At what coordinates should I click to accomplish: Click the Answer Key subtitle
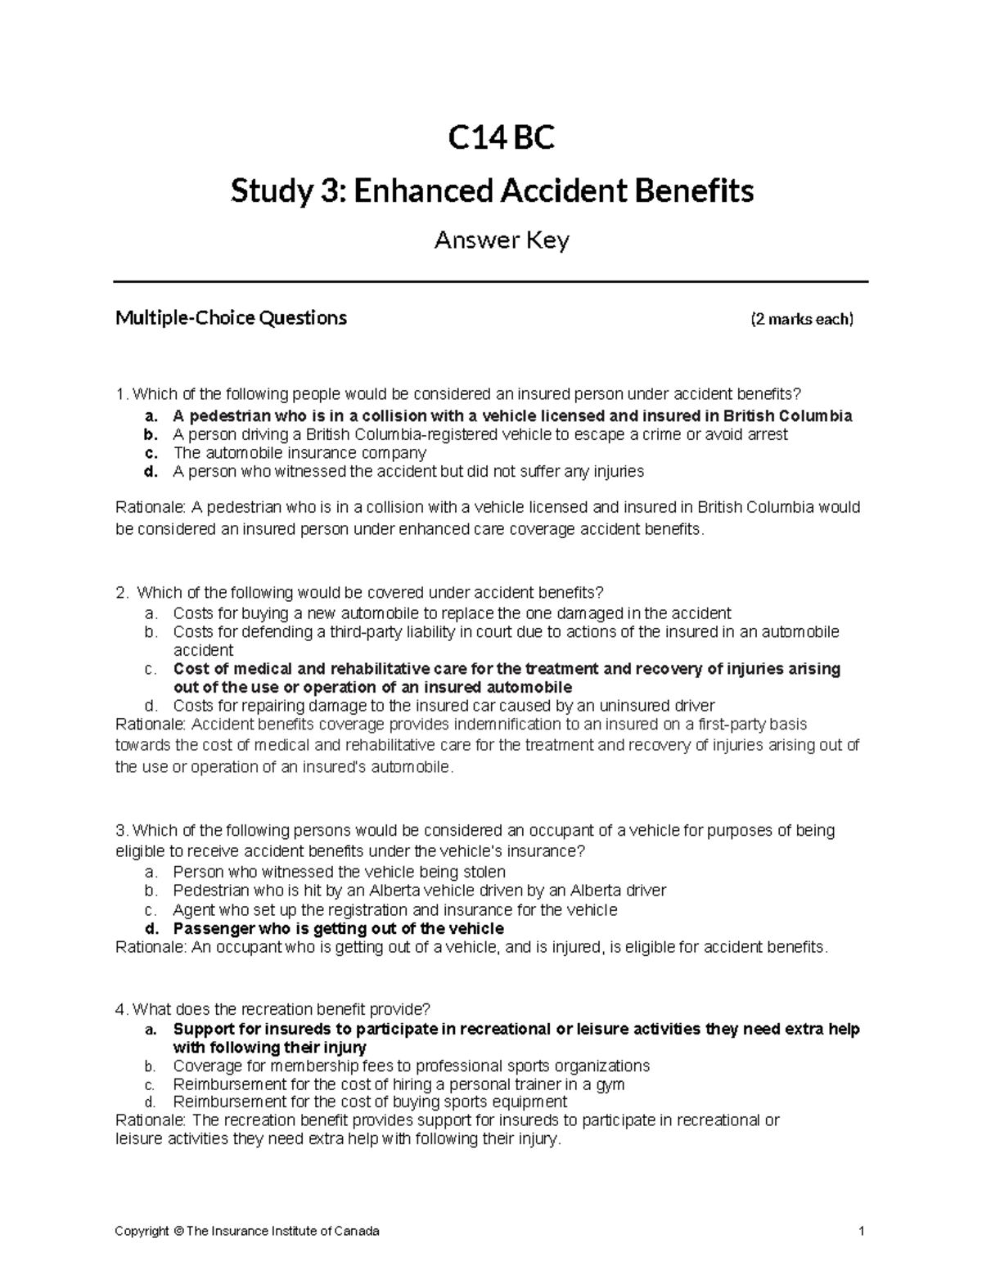(x=501, y=240)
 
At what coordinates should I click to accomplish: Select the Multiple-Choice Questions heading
(x=231, y=317)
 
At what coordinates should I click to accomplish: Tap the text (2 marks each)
(x=802, y=319)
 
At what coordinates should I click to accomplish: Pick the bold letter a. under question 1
(x=150, y=415)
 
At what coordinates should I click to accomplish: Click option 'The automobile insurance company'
(x=300, y=452)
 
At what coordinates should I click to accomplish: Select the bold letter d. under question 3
(x=150, y=928)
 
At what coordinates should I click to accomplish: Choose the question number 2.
(x=122, y=592)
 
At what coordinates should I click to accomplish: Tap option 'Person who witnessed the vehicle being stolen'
(x=339, y=872)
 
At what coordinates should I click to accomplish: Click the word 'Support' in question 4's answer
(x=202, y=1029)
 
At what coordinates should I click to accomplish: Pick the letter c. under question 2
(x=150, y=669)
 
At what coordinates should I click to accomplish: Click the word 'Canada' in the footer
(x=358, y=1231)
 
